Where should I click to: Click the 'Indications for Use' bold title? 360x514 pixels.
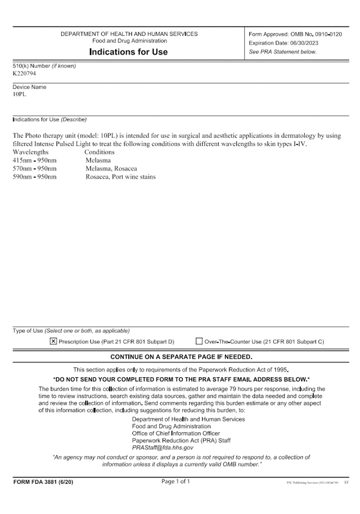pyautogui.click(x=128, y=52)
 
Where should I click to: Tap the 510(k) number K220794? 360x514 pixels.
pyautogui.click(x=24, y=73)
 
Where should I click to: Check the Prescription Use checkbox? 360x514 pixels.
pyautogui.click(x=53, y=342)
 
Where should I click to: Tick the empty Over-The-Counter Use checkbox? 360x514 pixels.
pyautogui.click(x=199, y=342)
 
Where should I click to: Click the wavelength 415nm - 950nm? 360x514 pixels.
pyautogui.click(x=35, y=161)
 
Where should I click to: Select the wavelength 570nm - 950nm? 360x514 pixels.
pyautogui.click(x=35, y=168)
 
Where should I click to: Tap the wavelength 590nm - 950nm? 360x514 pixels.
pyautogui.click(x=35, y=176)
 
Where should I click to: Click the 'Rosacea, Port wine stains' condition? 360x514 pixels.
pyautogui.click(x=120, y=176)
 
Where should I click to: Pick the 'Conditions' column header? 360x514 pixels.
pyautogui.click(x=99, y=152)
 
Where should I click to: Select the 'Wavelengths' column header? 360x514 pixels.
pyautogui.click(x=31, y=152)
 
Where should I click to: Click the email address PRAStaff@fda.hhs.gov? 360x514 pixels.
pyautogui.click(x=162, y=448)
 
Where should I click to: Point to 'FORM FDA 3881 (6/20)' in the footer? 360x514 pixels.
pyautogui.click(x=43, y=482)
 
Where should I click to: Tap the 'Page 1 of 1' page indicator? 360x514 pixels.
pyautogui.click(x=176, y=482)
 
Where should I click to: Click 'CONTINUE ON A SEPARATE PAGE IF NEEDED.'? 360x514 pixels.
pyautogui.click(x=181, y=357)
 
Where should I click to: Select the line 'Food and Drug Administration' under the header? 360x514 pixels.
pyautogui.click(x=129, y=41)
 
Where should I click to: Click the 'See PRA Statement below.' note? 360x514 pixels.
pyautogui.click(x=283, y=52)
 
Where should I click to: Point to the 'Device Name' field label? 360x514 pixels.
pyautogui.click(x=30, y=87)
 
